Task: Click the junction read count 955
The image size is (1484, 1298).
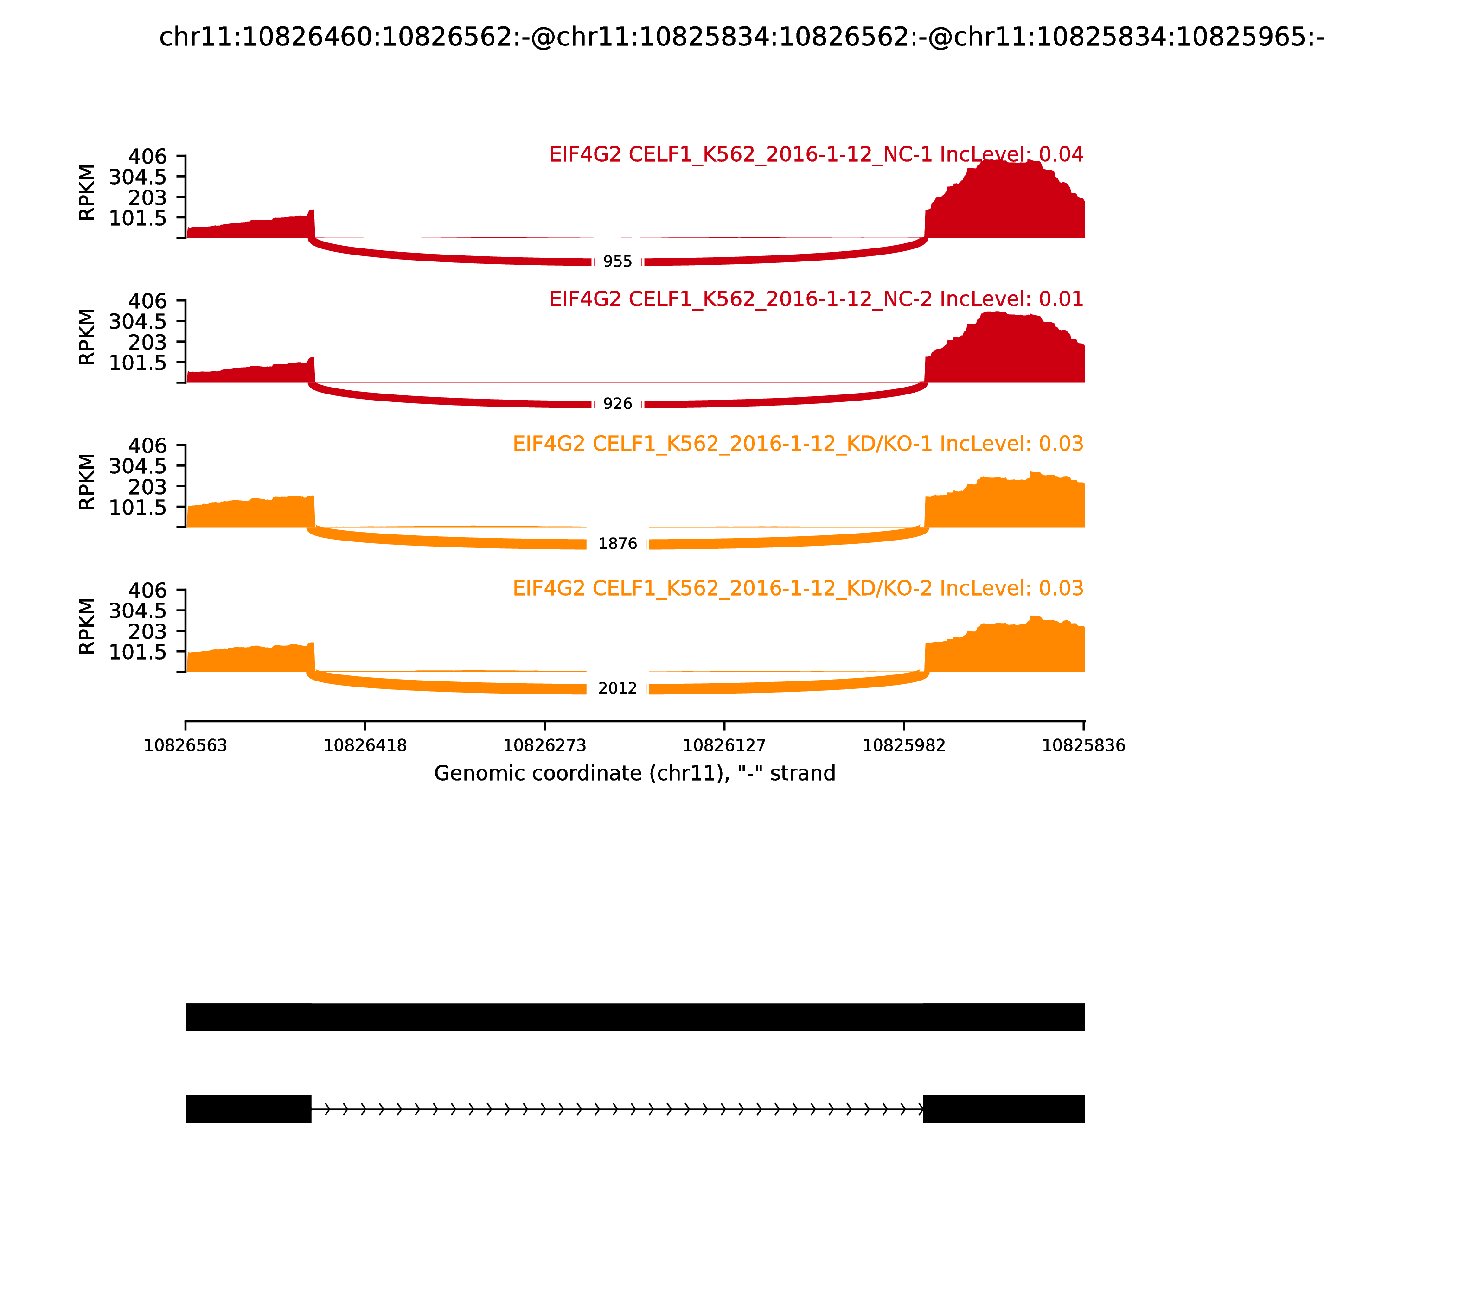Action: [x=617, y=261]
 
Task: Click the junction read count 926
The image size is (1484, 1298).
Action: [x=617, y=404]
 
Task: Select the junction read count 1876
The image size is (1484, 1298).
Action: [x=617, y=544]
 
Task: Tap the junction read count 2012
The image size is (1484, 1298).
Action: [x=617, y=689]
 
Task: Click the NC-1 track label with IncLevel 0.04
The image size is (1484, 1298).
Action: [x=816, y=154]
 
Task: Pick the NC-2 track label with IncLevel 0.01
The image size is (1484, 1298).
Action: [x=816, y=299]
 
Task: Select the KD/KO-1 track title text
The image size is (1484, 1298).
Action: [x=798, y=444]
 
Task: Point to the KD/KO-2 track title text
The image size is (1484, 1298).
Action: [x=798, y=588]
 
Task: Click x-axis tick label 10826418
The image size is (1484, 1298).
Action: [x=365, y=746]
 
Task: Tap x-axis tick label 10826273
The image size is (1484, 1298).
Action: [x=545, y=746]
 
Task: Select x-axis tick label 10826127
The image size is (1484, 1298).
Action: [x=724, y=746]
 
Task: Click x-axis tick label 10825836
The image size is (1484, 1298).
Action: [x=1083, y=746]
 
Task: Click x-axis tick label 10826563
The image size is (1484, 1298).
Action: [x=185, y=746]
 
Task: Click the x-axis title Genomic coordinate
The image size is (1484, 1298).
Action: [x=635, y=774]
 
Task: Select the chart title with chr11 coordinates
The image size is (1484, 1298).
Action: [x=741, y=37]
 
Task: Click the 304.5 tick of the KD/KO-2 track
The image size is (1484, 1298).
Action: [x=138, y=611]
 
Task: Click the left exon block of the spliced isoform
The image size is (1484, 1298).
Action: [x=248, y=1109]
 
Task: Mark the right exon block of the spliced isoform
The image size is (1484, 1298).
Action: [x=1004, y=1109]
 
